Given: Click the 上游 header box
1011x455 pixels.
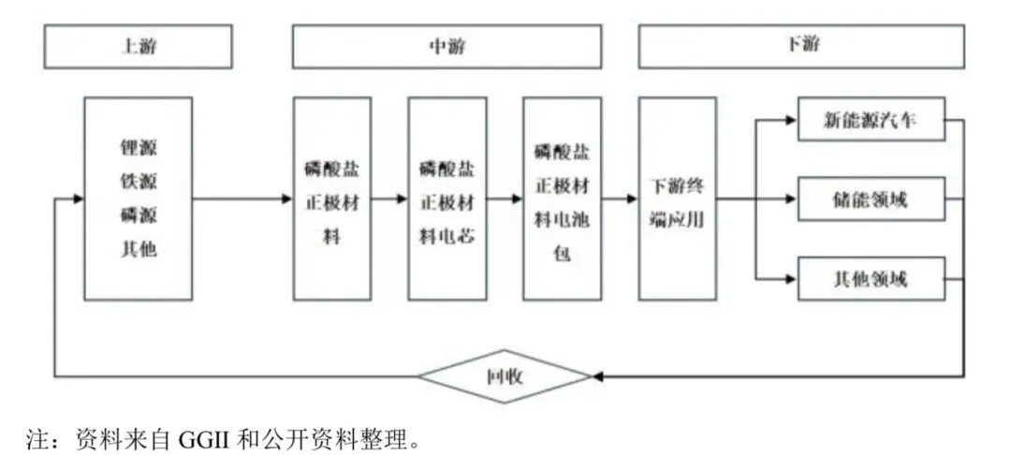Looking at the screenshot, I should pos(138,46).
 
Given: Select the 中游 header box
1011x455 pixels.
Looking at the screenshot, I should pos(447,46).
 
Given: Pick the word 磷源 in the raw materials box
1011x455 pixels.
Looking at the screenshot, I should pos(139,216).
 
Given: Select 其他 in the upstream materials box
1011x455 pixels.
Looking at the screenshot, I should pos(139,250).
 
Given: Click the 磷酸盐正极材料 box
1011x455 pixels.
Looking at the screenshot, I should pos(331,198).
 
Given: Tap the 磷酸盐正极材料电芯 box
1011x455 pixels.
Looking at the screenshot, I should pos(447,198).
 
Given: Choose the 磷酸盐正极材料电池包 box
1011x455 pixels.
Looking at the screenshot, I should pos(562,198).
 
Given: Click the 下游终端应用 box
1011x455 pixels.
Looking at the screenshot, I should pos(677,198).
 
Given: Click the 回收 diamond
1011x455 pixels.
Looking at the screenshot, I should pos(505,377).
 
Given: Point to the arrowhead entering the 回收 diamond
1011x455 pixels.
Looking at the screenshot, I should pos(597,377).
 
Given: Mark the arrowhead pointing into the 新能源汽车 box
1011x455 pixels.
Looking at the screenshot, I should pos(791,121).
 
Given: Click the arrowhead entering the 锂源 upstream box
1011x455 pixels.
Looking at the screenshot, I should pos(78,198).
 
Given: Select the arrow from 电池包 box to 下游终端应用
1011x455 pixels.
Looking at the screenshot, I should pos(620,198).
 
